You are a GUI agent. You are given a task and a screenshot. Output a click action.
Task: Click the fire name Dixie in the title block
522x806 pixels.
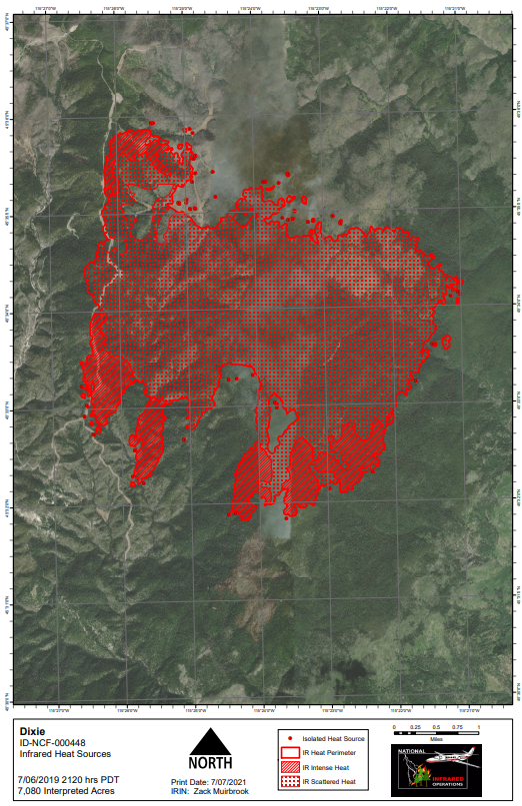pos(30,731)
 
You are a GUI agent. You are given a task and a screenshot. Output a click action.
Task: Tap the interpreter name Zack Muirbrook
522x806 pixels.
pos(224,791)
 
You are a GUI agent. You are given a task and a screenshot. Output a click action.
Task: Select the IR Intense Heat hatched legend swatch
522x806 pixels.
pos(289,767)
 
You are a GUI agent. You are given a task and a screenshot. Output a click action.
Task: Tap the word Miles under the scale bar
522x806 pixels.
pos(436,740)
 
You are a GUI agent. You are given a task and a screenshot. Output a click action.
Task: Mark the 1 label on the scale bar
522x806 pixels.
pos(479,727)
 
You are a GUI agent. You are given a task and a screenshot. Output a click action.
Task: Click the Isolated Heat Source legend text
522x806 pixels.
pos(334,738)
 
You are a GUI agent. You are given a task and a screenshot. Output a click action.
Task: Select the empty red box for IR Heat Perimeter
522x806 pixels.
pos(289,752)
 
